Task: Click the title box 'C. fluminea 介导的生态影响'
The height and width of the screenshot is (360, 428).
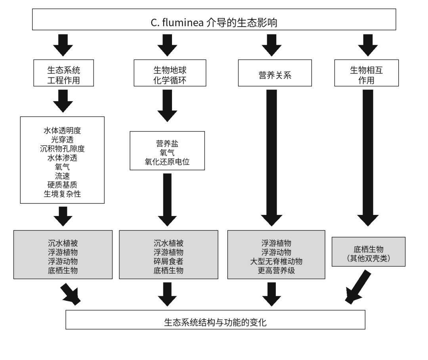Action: tap(214, 19)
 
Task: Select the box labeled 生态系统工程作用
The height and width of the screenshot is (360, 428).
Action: tap(63, 73)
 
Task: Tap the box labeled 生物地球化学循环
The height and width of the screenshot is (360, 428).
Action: tap(170, 73)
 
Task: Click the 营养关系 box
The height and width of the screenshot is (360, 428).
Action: tap(275, 73)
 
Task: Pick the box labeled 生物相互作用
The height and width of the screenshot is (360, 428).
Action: tap(367, 73)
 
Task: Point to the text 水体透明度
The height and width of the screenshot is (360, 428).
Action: tap(62, 130)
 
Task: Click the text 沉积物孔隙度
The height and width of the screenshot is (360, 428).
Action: tap(62, 149)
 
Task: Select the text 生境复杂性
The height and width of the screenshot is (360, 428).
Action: tap(62, 194)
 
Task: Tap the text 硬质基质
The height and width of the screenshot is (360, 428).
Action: tap(62, 185)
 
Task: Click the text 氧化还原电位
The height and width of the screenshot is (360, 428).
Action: tap(167, 162)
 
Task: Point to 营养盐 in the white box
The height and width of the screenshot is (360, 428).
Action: tap(167, 144)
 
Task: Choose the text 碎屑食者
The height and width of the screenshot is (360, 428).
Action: tap(168, 261)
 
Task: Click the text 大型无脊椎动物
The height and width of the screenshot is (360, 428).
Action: tap(276, 261)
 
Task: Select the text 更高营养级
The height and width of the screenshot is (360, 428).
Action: tap(276, 270)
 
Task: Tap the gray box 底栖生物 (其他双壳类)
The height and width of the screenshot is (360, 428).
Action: tap(369, 251)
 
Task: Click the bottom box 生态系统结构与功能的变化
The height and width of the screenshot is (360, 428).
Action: tap(215, 320)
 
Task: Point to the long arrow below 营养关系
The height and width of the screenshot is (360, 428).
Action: tap(271, 158)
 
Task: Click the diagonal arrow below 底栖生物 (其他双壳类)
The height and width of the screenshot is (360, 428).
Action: tap(358, 287)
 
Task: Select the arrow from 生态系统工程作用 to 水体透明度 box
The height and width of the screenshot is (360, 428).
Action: tap(63, 101)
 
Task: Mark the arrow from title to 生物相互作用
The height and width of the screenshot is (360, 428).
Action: tap(368, 45)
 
